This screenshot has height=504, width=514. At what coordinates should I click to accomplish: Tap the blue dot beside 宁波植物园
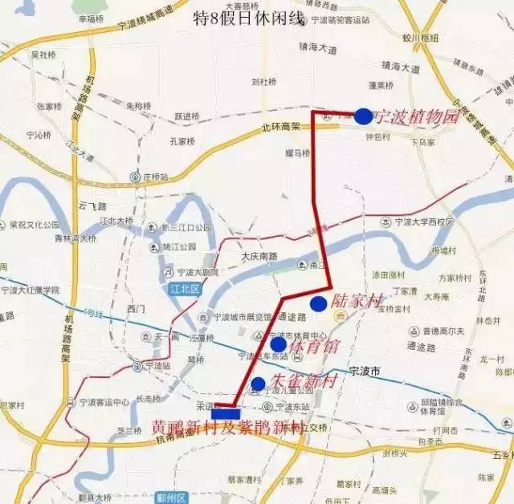pyautogui.click(x=363, y=116)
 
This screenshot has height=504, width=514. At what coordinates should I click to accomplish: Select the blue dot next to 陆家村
pyautogui.click(x=318, y=303)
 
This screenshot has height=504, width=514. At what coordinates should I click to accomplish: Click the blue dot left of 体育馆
pyautogui.click(x=278, y=345)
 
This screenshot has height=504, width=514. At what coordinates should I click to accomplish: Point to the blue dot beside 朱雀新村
pyautogui.click(x=258, y=384)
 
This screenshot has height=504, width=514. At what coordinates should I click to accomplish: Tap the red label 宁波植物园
pyautogui.click(x=416, y=116)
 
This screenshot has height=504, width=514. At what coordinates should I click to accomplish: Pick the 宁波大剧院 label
pyautogui.click(x=197, y=273)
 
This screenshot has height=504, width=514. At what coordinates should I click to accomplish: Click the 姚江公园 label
pyautogui.click(x=178, y=246)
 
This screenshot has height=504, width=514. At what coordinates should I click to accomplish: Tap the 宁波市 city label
pyautogui.click(x=369, y=372)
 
